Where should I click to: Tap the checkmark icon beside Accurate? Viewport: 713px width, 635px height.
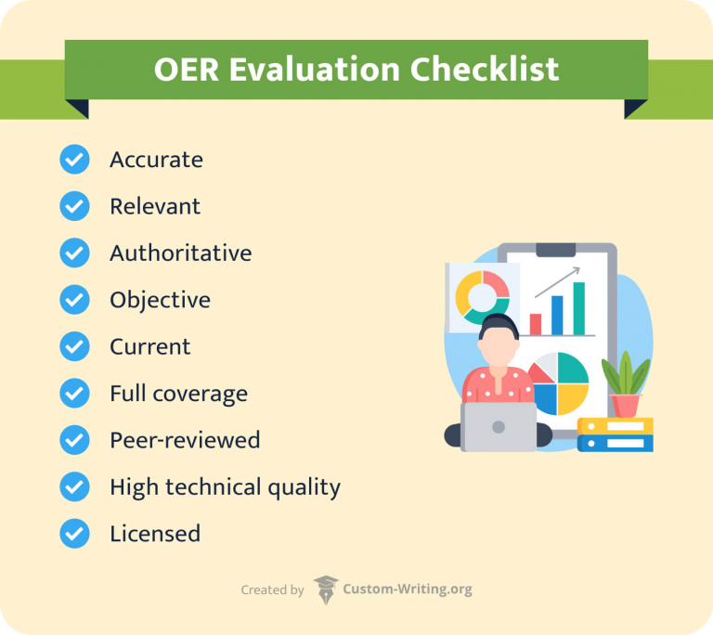point(74,160)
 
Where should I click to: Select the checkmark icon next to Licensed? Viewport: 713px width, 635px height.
point(74,534)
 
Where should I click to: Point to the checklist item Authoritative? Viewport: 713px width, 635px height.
point(180,253)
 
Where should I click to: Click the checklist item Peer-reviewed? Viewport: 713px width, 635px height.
point(184,440)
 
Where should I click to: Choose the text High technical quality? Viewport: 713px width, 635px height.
point(225,486)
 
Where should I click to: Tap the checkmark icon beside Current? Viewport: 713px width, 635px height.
point(74,346)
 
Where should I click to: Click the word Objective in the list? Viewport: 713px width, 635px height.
point(160,300)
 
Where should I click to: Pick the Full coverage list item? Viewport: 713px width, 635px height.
point(178,394)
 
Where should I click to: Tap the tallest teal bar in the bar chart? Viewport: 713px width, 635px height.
point(579,308)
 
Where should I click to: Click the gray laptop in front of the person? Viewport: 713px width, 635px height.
point(499,427)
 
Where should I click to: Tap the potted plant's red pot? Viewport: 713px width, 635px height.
point(626,406)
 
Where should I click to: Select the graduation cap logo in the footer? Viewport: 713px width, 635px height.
point(326,590)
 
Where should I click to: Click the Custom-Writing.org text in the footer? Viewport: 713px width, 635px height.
point(407,590)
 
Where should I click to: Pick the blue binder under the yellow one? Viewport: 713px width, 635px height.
point(615,443)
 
